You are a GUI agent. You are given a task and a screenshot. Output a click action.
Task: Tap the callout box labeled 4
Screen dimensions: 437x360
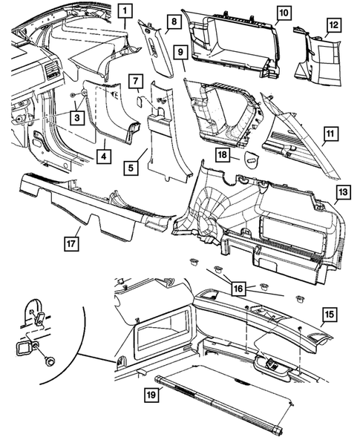pyautogui.click(x=106, y=157)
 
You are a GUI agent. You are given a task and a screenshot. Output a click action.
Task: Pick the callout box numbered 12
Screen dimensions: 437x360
pyautogui.click(x=333, y=25)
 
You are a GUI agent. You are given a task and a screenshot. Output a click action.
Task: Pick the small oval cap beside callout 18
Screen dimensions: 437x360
pyautogui.click(x=250, y=157)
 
